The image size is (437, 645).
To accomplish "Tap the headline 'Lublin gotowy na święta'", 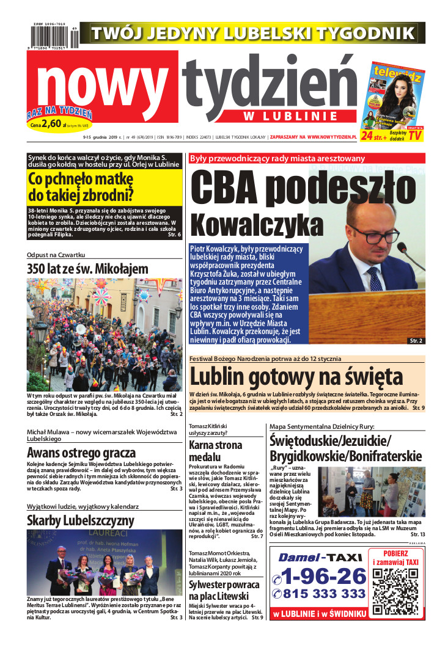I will (296, 376).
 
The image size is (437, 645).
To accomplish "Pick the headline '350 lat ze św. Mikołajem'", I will (87, 269).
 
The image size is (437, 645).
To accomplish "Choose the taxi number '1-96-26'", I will (319, 576).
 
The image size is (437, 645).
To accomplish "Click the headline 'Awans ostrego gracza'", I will (81, 453).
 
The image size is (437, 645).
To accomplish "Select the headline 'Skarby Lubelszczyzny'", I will (80, 520).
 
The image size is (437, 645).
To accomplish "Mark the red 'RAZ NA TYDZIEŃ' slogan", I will (59, 113).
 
